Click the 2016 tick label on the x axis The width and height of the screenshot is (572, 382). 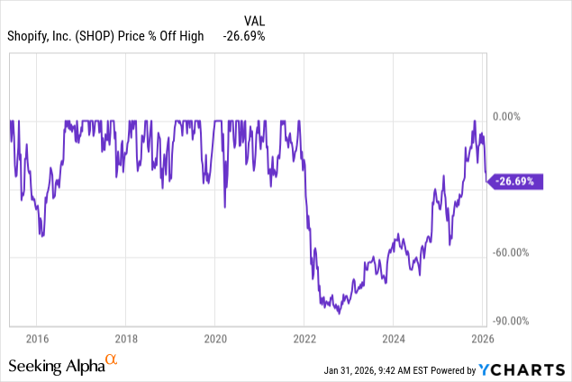(x=36, y=341)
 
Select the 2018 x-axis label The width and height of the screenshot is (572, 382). (x=125, y=341)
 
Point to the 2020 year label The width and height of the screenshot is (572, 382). (x=214, y=341)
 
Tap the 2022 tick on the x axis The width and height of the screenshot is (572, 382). (x=304, y=341)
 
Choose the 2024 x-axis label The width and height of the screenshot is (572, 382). (x=394, y=341)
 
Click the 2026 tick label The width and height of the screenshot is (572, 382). (x=483, y=341)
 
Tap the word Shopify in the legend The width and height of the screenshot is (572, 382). (x=32, y=36)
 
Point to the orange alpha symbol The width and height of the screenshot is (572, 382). (x=113, y=360)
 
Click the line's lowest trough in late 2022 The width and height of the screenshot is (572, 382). (x=339, y=313)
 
